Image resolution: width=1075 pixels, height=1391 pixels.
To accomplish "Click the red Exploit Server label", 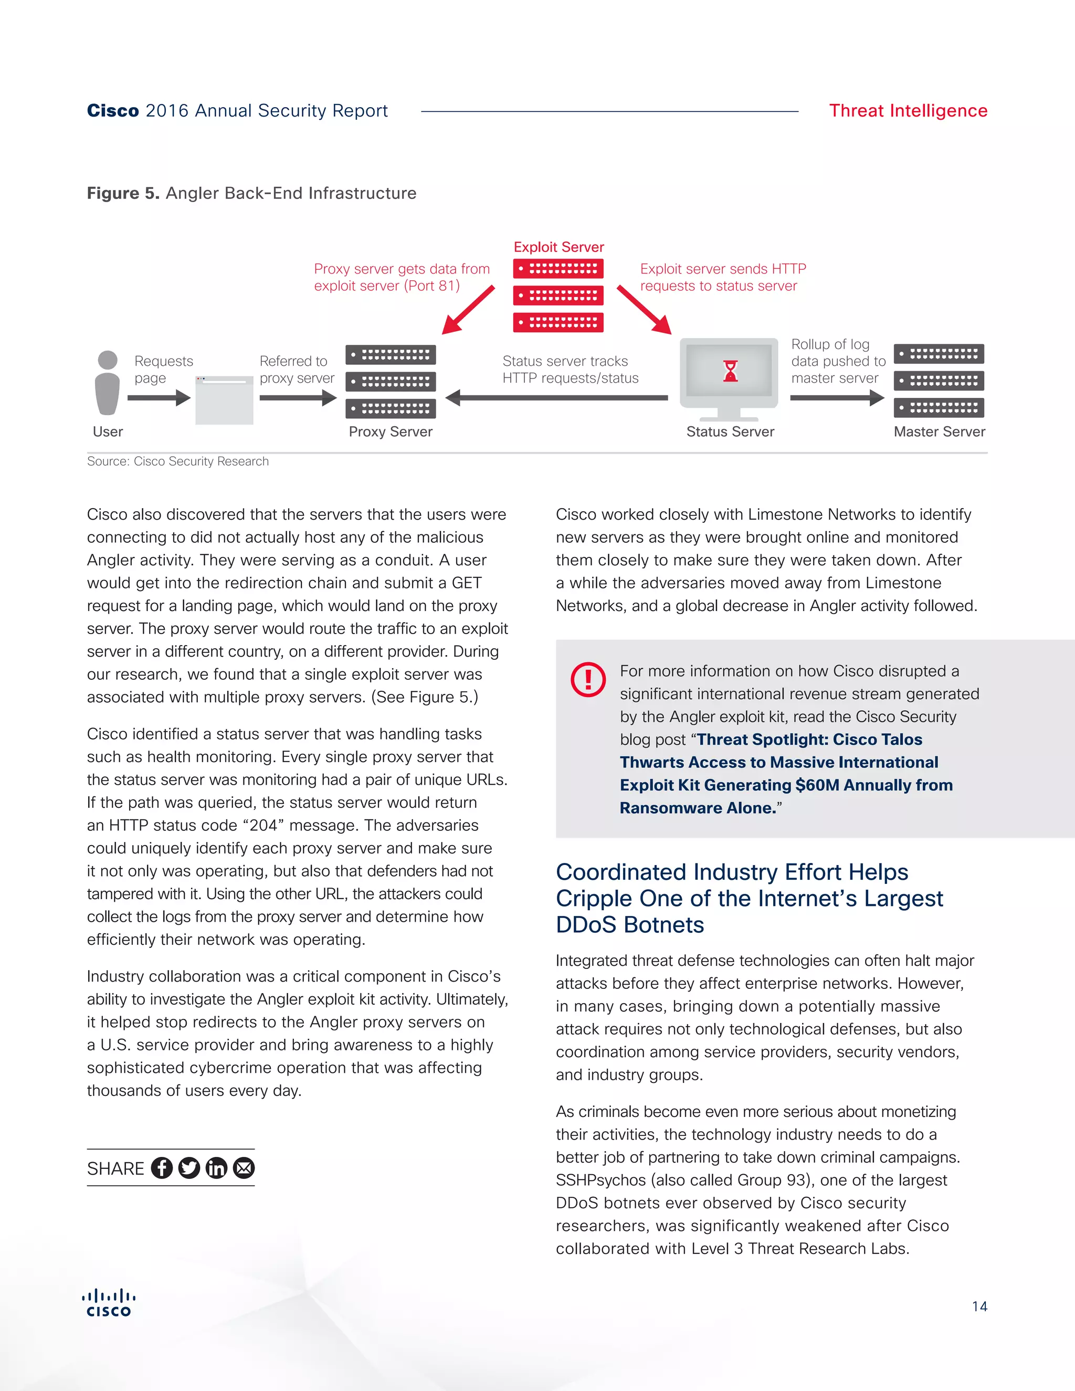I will (558, 247).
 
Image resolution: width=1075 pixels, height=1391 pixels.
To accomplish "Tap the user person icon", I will (108, 383).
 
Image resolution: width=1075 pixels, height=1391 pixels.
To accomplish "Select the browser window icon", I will (224, 400).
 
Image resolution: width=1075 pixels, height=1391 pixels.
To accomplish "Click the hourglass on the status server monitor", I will (730, 371).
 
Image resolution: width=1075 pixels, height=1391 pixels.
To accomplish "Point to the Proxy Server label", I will (391, 432).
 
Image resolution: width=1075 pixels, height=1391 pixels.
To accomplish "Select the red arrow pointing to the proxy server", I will (468, 310).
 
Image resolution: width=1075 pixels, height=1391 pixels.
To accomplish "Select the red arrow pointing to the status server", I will (644, 310).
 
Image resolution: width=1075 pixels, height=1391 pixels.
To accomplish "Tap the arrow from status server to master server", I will (837, 398).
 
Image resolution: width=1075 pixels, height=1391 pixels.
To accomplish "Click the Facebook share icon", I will (162, 1167).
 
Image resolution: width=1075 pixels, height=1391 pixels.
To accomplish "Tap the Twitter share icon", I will (189, 1167).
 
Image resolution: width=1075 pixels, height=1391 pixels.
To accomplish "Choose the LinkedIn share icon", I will (217, 1167).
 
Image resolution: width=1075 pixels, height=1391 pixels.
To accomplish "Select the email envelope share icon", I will (244, 1167).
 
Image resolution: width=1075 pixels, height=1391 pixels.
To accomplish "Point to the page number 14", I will (979, 1306).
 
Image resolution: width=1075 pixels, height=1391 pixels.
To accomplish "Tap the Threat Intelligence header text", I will (908, 111).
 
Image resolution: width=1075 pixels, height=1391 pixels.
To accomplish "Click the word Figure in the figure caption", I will (113, 193).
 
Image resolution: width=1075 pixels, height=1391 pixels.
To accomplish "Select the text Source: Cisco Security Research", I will (178, 461).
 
